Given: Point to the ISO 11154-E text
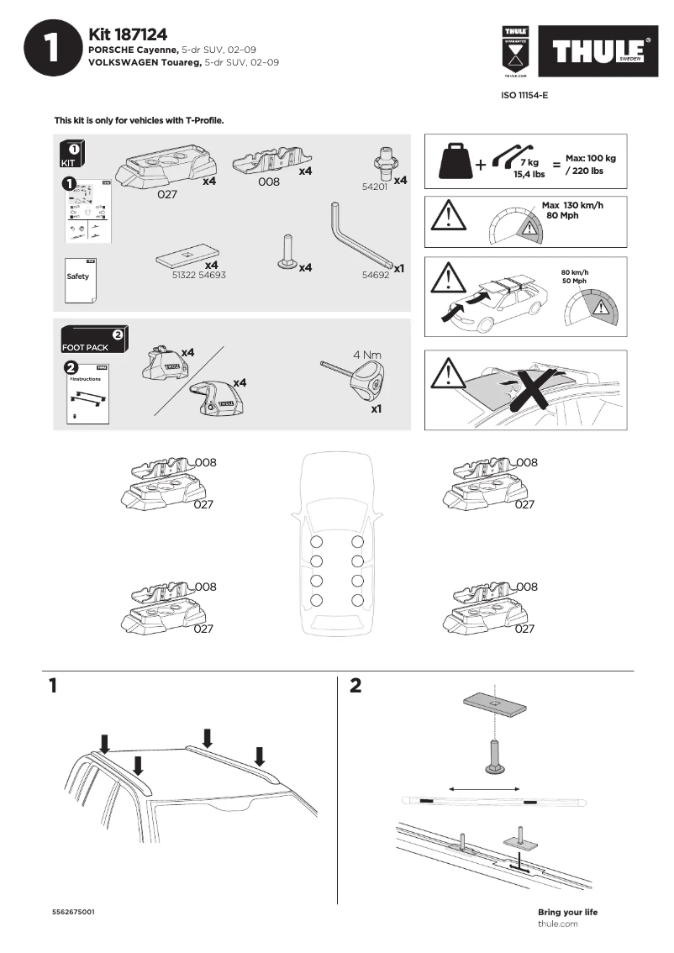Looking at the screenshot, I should (524, 96).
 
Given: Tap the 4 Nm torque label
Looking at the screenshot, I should (367, 355).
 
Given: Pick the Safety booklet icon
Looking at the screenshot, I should (81, 276).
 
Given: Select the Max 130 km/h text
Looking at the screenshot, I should (572, 205).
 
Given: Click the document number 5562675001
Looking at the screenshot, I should (73, 912).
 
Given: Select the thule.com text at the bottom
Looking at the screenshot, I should (557, 924).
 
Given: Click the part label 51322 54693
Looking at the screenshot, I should (198, 275).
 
